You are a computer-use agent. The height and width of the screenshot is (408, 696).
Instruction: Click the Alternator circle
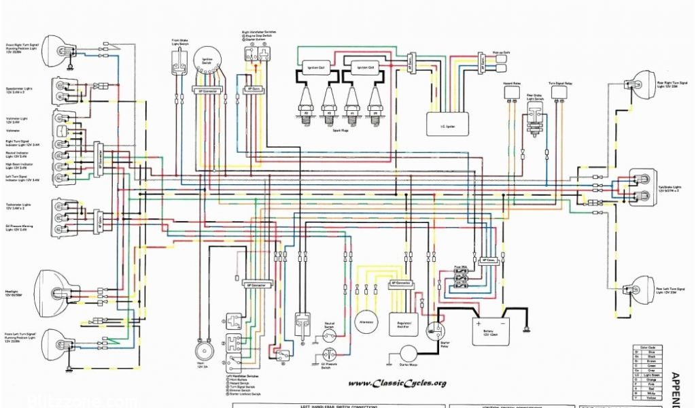[367, 321]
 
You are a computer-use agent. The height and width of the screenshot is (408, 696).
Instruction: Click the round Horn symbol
[201, 350]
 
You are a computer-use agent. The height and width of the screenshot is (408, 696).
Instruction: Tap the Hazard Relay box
[512, 92]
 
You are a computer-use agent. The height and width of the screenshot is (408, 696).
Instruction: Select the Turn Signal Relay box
[560, 92]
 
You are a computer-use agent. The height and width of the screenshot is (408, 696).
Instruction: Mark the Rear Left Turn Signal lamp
[642, 286]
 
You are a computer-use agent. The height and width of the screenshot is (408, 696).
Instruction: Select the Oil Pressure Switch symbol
[330, 354]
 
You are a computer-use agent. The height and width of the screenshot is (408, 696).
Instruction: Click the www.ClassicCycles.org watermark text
[399, 383]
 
